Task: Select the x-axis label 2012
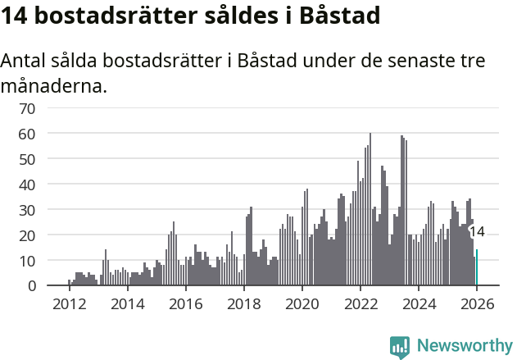point(69,304)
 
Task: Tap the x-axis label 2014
point(127,304)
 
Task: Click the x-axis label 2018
point(243,304)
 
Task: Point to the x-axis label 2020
point(302,304)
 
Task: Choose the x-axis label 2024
point(419,304)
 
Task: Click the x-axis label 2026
point(477,304)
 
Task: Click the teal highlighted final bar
point(477,268)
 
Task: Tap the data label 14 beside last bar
point(477,232)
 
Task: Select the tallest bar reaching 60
point(370,209)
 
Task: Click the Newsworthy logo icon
point(400,346)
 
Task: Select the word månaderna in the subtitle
point(54,85)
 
